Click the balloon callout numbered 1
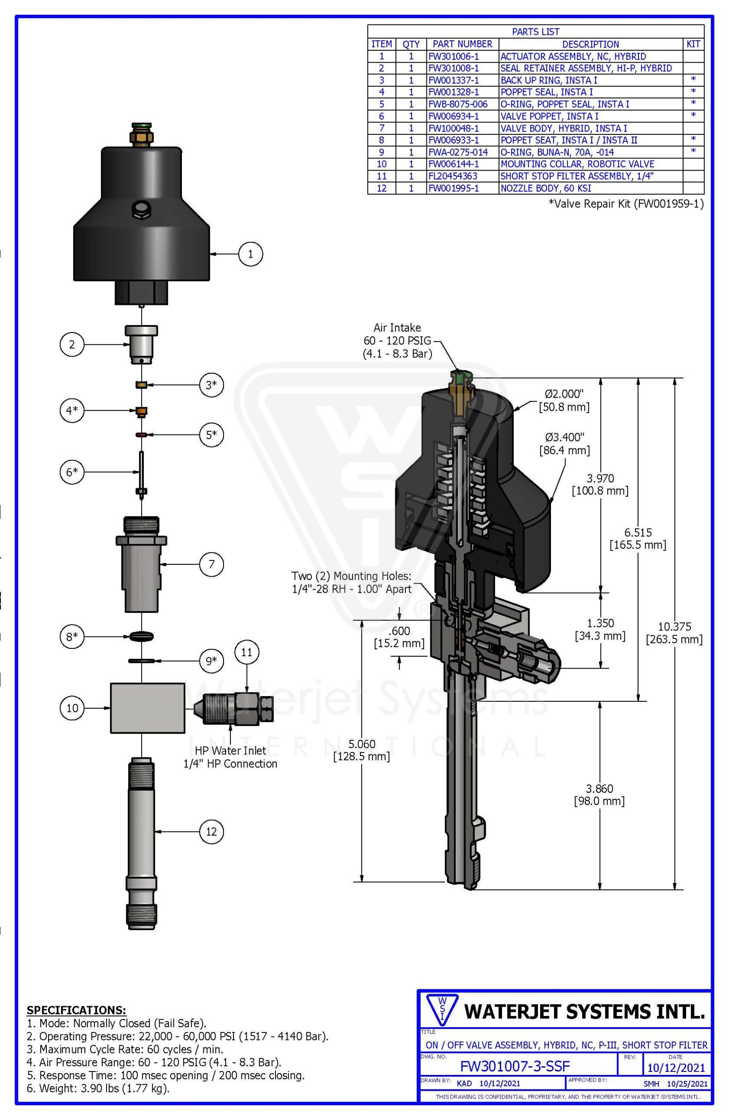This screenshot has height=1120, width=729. pos(250,254)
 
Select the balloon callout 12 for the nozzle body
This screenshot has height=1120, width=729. pos(211,832)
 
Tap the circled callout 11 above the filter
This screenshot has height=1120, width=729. pos(247,652)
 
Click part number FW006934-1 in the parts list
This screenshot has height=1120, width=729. pos(453,116)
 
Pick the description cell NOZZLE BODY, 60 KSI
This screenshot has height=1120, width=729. pos(546,188)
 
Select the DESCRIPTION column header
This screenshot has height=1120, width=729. pos(590,44)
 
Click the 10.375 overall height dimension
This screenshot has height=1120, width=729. pos(674,633)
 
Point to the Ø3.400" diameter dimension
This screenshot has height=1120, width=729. pos(565,444)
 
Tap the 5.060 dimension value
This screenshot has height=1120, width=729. pos(362,750)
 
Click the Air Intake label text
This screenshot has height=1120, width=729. pos(398,328)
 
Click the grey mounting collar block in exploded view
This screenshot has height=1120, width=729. pos(147,708)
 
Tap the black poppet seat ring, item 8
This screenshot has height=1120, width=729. pos(141,636)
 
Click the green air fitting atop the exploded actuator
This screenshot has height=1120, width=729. pos(142,126)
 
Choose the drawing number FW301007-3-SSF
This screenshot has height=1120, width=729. pos(515,1065)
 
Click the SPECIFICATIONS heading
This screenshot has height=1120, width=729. pos(76,1010)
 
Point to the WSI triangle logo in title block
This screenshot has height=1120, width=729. pos(441,1011)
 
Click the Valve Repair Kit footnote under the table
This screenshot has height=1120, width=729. pos(626,204)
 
